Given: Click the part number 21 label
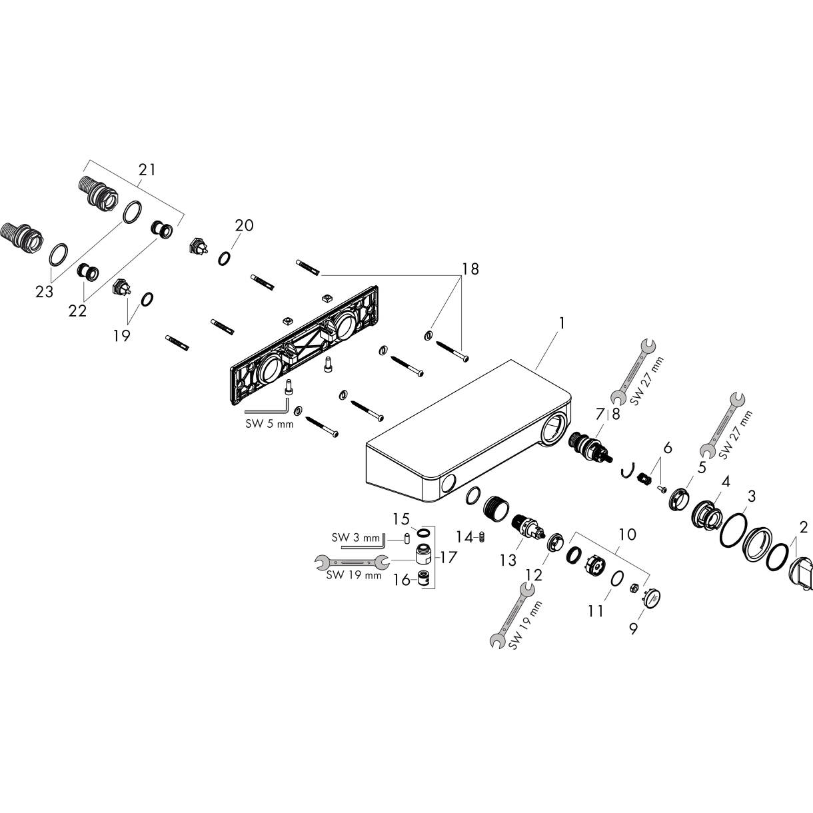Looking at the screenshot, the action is [x=147, y=170].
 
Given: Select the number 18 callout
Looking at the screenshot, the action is [x=470, y=269].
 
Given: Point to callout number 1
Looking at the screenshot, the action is [x=562, y=323].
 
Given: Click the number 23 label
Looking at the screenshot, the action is [x=44, y=291].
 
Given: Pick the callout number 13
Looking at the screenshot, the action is [x=508, y=560].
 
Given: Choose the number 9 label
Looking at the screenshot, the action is [x=633, y=628].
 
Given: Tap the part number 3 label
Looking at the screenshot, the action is [x=752, y=496].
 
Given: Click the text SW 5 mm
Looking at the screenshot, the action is [x=269, y=424].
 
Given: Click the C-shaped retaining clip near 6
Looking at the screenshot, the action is [x=628, y=470].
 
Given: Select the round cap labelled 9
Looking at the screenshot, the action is [x=652, y=598].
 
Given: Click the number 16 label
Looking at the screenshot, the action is [x=402, y=580].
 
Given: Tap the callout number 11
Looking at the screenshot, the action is [x=596, y=610].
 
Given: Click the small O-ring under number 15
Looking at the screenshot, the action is [x=423, y=533].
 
